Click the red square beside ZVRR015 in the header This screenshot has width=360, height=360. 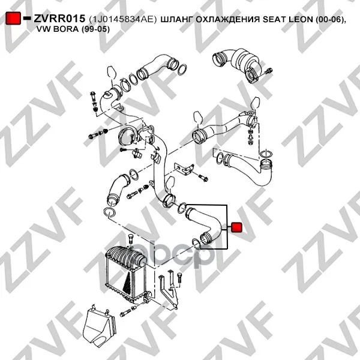[x=13, y=19]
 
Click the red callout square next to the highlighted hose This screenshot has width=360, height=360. [x=236, y=227]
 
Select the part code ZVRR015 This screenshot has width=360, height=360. [x=59, y=19]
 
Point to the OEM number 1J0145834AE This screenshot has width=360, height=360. [x=123, y=20]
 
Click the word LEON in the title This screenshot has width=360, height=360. [x=301, y=20]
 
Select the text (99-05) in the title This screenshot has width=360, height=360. [x=95, y=29]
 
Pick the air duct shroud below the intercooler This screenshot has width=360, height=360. [x=99, y=324]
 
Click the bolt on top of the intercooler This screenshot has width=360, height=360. [x=130, y=240]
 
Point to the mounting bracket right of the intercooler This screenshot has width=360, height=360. [x=169, y=288]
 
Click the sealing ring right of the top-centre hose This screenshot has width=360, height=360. [x=182, y=70]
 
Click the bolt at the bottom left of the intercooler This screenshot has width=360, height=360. [x=125, y=312]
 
